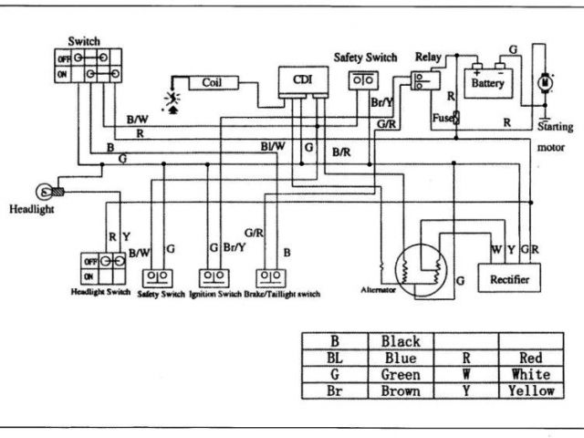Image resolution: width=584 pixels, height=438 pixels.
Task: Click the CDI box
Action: coord(303,81)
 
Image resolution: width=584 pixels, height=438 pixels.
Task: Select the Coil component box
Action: coord(214,83)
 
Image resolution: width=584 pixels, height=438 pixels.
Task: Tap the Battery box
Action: coord(488,83)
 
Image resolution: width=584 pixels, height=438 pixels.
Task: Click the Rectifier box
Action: coord(509,277)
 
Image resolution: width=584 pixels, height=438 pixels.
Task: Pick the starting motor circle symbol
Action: coord(546,82)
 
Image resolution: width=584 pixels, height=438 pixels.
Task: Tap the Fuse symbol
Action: coord(456,118)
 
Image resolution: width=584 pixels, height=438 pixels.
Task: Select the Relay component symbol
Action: coord(425,81)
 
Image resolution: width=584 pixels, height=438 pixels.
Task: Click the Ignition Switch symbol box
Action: coord(214,278)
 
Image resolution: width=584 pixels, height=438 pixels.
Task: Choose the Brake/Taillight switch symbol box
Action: coord(271,278)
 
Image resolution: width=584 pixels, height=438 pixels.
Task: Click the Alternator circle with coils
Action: coord(421,271)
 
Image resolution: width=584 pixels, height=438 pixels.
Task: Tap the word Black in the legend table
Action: coord(401,341)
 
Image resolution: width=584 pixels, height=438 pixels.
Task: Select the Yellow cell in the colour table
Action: coord(531,391)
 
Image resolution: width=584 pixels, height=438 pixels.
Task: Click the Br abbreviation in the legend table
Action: coord(334,391)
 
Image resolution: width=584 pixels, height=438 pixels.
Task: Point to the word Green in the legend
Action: coord(401,374)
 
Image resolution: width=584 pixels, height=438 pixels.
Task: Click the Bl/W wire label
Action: coord(272,146)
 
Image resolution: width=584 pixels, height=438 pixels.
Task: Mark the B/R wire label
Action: coord(341,152)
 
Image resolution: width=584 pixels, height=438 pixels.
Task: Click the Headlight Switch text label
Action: coord(100,292)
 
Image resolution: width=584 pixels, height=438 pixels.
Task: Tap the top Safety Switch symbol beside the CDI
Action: coord(363,80)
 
